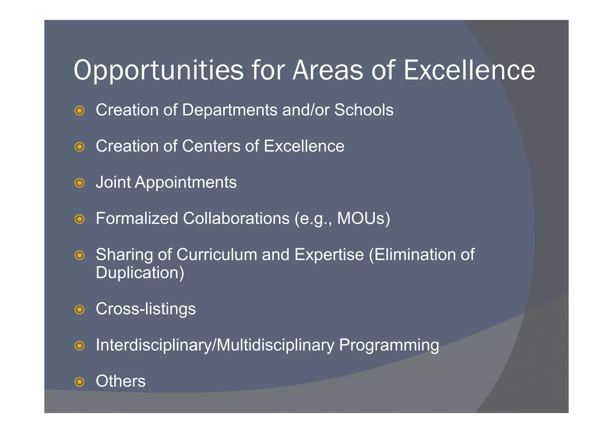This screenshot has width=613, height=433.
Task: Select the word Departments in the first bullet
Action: click(x=230, y=110)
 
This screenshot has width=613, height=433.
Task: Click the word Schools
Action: click(x=364, y=110)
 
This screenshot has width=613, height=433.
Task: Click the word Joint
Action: click(x=113, y=182)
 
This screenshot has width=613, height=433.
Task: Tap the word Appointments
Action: click(x=186, y=182)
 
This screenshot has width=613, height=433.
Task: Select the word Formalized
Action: click(x=137, y=218)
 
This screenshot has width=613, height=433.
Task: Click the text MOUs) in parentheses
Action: click(x=364, y=218)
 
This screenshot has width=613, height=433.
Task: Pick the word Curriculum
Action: click(x=217, y=255)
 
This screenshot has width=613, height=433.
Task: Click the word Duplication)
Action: click(x=140, y=273)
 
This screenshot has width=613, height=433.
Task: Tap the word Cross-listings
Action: click(x=146, y=309)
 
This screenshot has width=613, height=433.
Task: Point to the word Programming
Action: click(x=389, y=345)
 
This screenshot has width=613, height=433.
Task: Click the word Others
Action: click(x=121, y=381)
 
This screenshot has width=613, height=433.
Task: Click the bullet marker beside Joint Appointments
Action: click(x=79, y=183)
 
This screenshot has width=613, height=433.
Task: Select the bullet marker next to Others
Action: click(x=79, y=382)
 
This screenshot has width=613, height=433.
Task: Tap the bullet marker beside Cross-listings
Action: click(x=79, y=309)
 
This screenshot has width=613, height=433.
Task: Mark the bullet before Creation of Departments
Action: click(x=79, y=111)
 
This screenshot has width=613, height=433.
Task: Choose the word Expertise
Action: click(x=329, y=255)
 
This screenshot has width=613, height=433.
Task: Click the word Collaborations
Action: click(x=236, y=218)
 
